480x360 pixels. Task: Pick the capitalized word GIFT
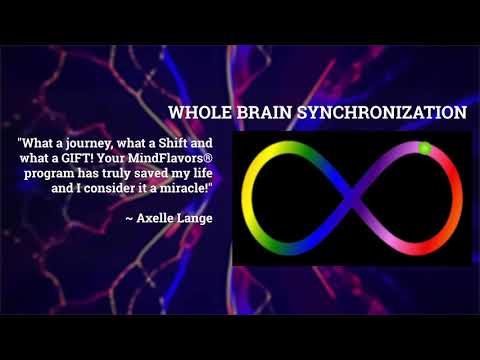[x=99, y=157]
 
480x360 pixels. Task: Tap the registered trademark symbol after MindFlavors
[x=210, y=156]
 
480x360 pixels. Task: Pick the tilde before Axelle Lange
[x=128, y=217]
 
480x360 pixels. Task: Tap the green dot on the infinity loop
[x=424, y=148]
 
